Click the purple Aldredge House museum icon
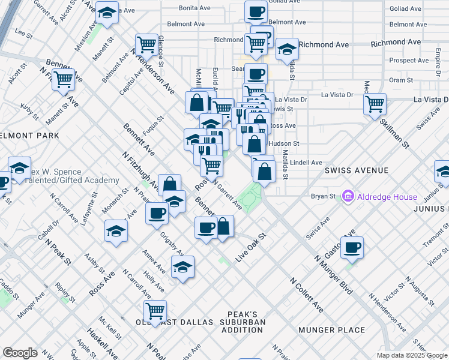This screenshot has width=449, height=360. pos(347,196)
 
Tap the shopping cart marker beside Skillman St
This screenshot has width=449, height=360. pos(375,103)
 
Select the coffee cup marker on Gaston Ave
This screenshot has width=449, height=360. pos(352,247)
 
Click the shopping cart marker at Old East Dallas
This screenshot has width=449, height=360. pos(155,311)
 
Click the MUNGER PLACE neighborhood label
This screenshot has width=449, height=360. pos(339,330)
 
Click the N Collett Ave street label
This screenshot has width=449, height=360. pos(307,295)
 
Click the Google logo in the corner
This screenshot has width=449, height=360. pos(20,353)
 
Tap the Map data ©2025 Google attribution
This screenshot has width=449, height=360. pos(412,355)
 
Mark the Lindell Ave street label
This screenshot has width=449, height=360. pos(306,163)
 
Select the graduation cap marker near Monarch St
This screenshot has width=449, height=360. pos(116,231)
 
